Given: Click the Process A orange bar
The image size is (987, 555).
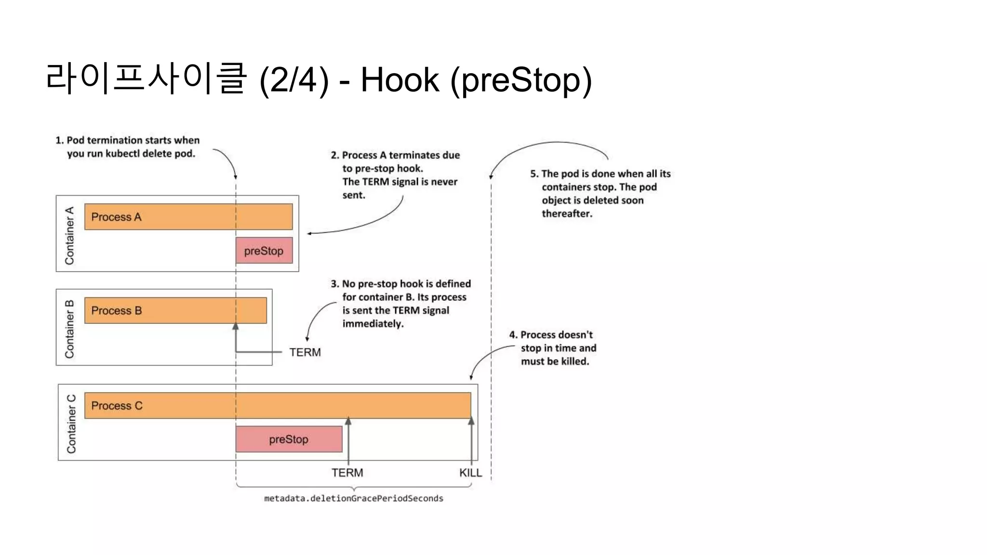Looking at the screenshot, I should coord(188,217).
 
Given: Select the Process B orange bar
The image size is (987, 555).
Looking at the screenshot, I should coord(175,310).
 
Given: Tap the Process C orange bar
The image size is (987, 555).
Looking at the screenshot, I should coord(278,406).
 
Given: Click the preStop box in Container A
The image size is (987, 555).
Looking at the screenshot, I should coord(264,251).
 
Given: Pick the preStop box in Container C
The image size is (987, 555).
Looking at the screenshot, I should coord(289,439).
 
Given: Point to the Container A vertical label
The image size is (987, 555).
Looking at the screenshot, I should coord(70,236).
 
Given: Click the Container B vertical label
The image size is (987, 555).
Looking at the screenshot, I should coord(70,329).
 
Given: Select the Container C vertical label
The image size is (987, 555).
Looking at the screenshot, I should coord(71,424).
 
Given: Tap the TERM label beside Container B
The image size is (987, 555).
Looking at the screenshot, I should coord(305,352).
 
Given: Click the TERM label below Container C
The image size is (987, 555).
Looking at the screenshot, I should coord(347,473).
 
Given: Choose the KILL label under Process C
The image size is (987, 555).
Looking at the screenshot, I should coord(470,473).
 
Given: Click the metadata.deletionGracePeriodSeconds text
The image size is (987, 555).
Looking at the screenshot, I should coord(353,498).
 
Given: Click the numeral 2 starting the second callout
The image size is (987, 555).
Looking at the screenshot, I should coord(334,155).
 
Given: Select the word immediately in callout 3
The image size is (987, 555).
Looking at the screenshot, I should coord(373,324).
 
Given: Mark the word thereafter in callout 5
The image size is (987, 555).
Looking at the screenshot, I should coord(567,213).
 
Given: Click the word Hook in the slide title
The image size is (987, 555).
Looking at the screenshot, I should coord(400,80).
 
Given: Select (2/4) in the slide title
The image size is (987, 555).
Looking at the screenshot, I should coord(294,80).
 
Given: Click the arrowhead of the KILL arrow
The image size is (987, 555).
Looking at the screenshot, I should coord(471,421).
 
